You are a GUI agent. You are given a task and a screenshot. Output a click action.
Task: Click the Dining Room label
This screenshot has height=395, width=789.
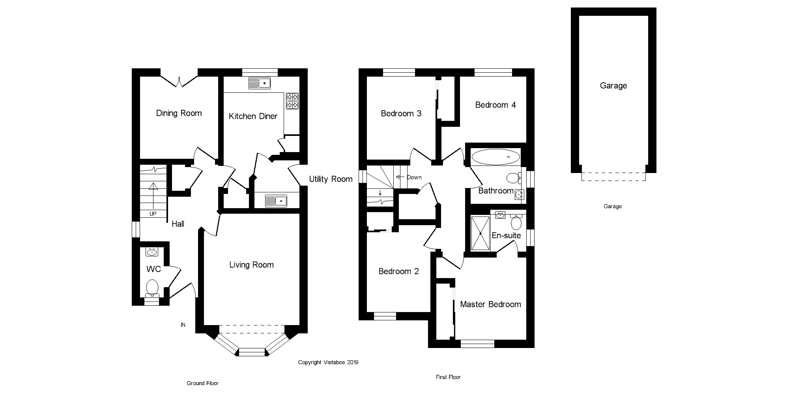pos(179,113)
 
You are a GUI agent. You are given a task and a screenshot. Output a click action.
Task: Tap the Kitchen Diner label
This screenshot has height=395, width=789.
pos(253,116)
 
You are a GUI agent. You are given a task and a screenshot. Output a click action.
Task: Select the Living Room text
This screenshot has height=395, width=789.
pos(251,265)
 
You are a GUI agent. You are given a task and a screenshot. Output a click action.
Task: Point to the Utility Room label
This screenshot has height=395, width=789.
pos(331,179)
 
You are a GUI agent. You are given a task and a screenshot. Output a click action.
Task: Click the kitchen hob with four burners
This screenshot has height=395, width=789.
pos(292,101)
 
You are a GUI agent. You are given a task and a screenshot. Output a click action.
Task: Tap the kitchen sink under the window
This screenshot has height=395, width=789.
pos(260,83)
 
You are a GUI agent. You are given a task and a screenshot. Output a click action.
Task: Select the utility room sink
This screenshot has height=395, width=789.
pos(276,201)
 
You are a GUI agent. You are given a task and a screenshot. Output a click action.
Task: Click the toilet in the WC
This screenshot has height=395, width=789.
pos(152,287)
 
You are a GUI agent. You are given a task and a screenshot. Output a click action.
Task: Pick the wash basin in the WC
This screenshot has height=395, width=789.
pos(152,252)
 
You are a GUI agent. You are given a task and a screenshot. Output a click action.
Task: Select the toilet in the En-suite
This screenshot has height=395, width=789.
pos(516,223)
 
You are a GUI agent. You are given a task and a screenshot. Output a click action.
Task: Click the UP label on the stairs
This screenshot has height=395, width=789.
pos(153,214)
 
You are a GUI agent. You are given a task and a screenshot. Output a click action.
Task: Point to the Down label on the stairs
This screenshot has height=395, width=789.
pos(414,177)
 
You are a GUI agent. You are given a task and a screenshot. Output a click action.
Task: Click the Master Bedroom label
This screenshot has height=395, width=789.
pos(490,304)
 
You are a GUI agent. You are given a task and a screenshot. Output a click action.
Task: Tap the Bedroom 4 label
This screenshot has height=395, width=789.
pos(495,105)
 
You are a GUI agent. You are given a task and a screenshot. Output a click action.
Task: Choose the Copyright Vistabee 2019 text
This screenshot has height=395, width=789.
pos(328,362)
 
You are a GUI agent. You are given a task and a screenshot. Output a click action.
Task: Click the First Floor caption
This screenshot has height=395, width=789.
pos(448,377)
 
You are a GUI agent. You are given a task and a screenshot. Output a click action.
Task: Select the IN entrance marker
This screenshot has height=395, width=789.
pos(183,325)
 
